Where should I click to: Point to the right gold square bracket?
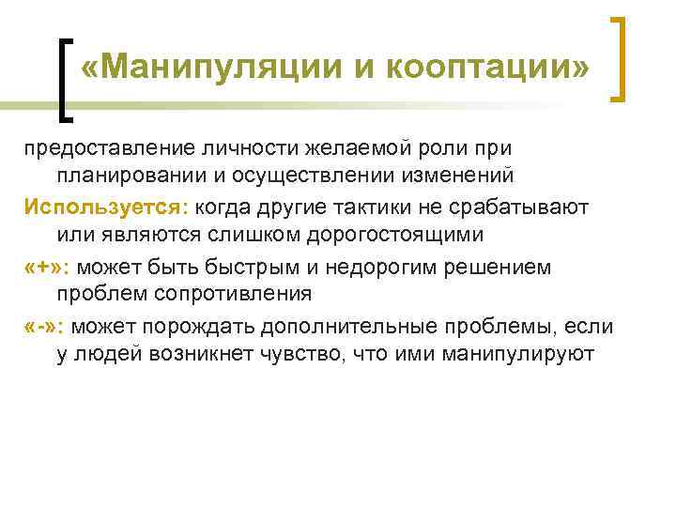621,58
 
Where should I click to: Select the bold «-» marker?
41,326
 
